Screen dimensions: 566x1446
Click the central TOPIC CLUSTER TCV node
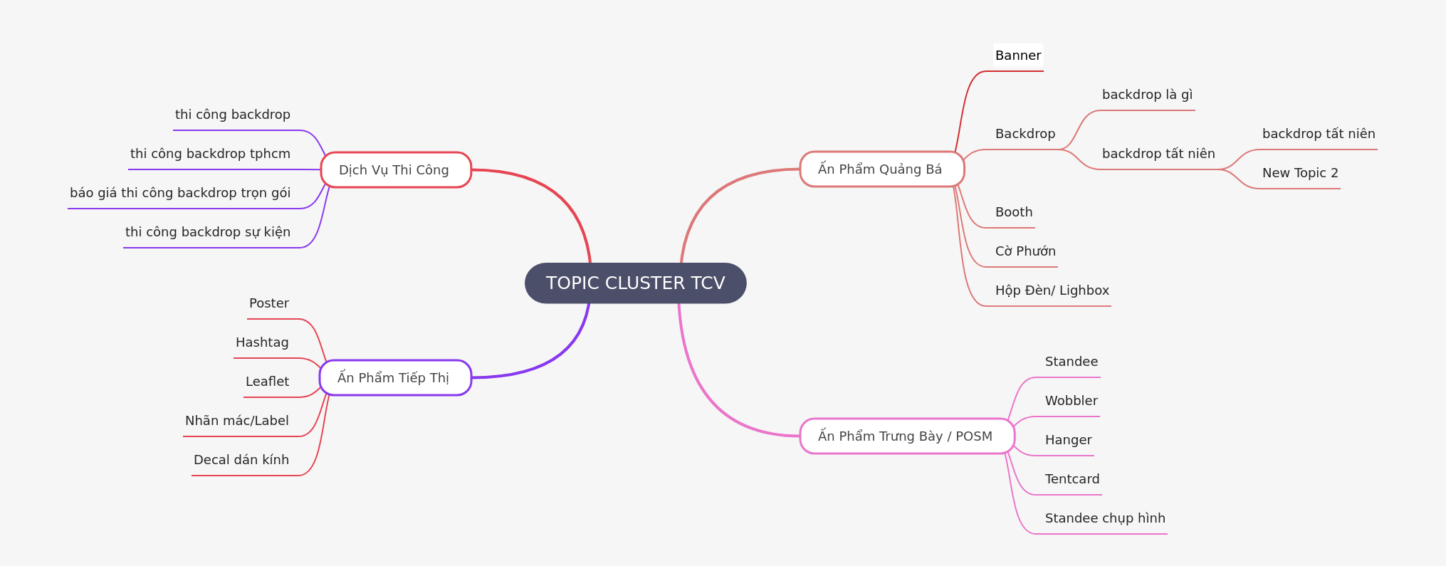click(x=635, y=283)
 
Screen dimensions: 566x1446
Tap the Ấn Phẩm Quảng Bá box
click(x=881, y=169)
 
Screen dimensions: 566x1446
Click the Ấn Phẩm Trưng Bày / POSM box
click(x=906, y=436)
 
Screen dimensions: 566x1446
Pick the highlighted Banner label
click(x=1018, y=56)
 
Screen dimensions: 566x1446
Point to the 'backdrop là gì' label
click(x=1147, y=95)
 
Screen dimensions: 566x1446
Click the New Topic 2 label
click(x=1300, y=173)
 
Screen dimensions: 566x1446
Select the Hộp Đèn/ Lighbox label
click(x=1052, y=290)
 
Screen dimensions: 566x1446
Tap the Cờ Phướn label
click(x=1025, y=251)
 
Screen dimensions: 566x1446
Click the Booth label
click(x=1014, y=212)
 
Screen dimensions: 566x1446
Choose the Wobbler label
click(x=1071, y=401)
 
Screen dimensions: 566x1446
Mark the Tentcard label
click(x=1072, y=479)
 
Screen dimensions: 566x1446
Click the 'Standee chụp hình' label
click(x=1105, y=518)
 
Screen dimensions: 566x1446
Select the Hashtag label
click(x=262, y=342)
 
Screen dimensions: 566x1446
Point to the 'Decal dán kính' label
click(x=241, y=460)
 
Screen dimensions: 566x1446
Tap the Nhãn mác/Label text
click(x=237, y=421)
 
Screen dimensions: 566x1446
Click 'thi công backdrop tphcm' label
click(x=210, y=154)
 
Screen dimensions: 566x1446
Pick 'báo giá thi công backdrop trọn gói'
click(x=180, y=193)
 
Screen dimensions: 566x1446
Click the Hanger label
click(x=1068, y=440)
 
